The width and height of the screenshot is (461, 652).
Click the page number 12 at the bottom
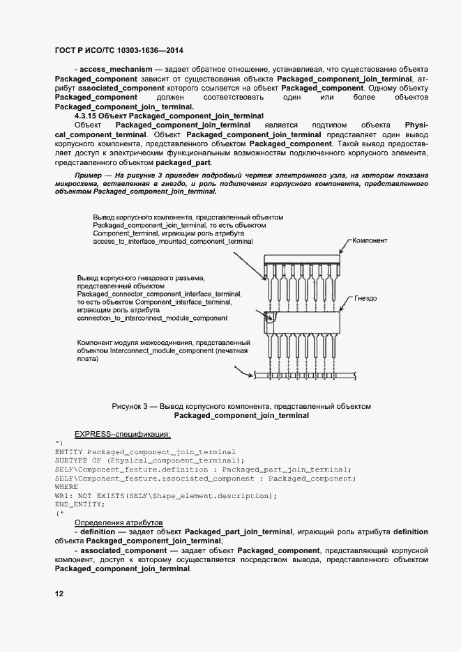coord(59,593)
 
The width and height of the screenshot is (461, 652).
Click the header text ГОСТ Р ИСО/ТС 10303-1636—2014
coord(119,51)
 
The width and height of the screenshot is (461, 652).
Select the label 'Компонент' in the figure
coord(370,240)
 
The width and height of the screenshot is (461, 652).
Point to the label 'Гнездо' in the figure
coord(365,298)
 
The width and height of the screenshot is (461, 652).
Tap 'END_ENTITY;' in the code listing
coord(79,504)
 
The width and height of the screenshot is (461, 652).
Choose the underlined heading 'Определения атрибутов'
coord(118,522)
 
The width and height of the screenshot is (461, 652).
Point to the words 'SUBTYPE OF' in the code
coord(79,460)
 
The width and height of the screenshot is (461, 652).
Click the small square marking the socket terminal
coord(271,319)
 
